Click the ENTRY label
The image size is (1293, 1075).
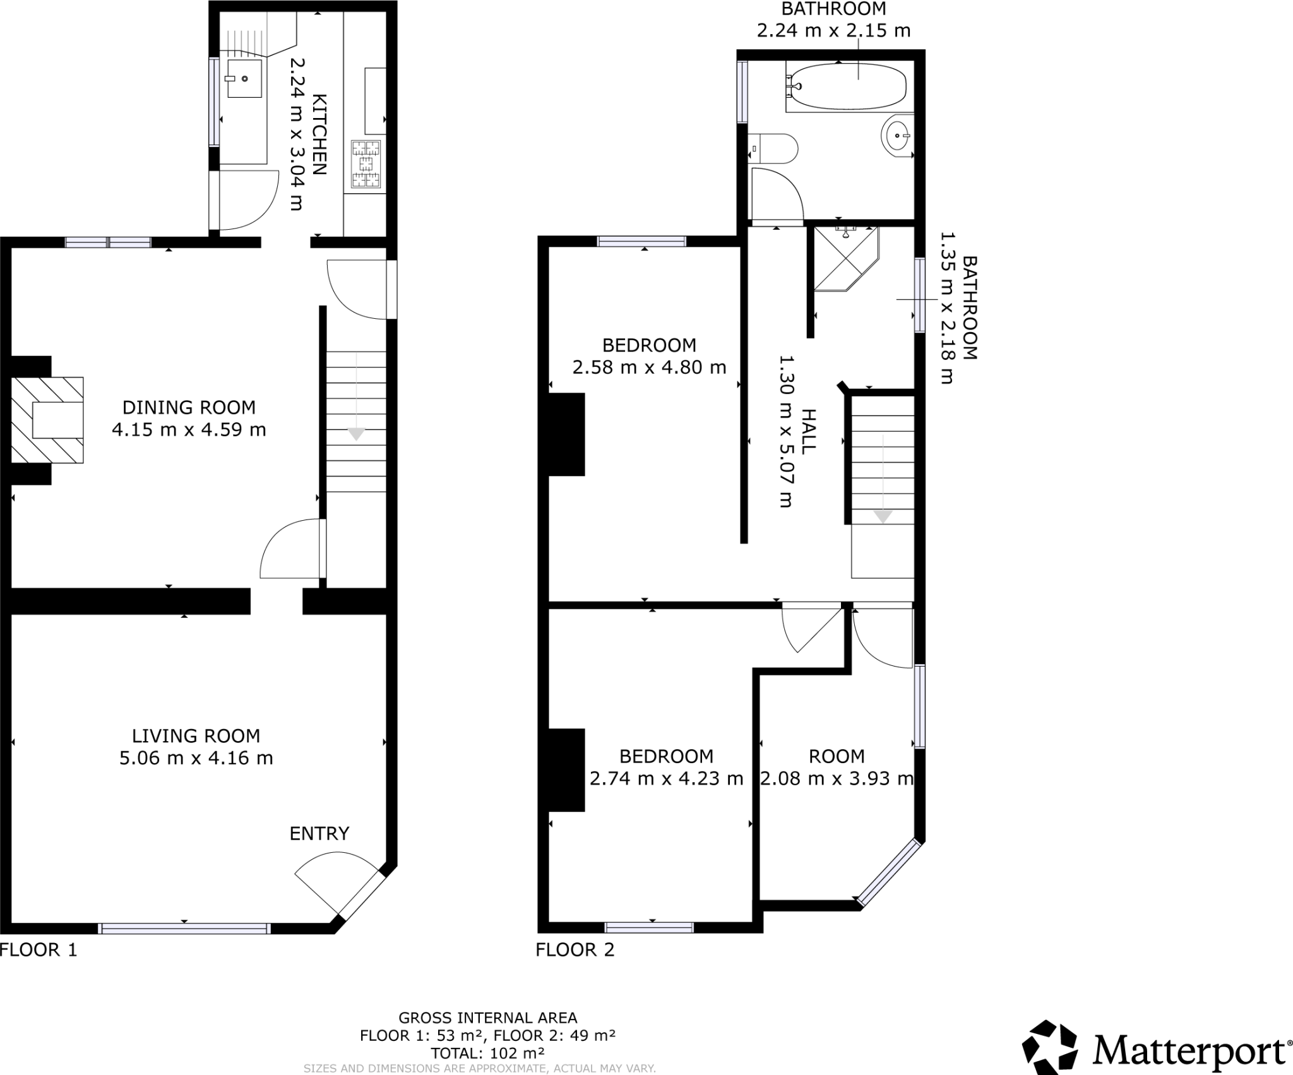tap(319, 833)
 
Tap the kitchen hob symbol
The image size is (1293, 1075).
tap(367, 164)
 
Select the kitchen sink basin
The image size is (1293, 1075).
tap(244, 79)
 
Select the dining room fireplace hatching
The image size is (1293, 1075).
tap(47, 420)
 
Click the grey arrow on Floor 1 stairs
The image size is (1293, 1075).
tap(357, 434)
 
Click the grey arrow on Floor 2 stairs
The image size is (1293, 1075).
tap(883, 516)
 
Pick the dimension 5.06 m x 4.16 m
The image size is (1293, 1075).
tap(196, 757)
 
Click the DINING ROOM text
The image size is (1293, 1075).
tap(189, 407)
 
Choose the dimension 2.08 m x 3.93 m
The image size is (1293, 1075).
tap(837, 778)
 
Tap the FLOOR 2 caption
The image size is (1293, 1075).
tap(575, 949)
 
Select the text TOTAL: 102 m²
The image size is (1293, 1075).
tap(487, 1053)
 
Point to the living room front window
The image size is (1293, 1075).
tap(184, 928)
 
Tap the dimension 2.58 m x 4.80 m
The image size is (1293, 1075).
tap(649, 367)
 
